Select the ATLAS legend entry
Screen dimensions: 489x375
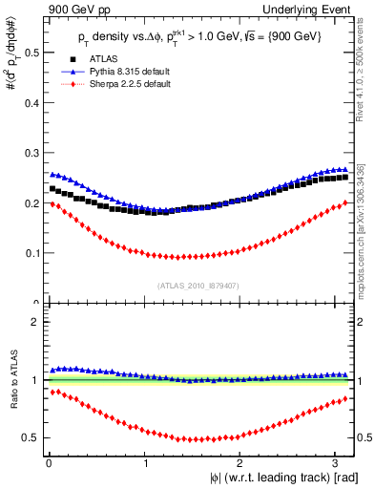click(x=102, y=58)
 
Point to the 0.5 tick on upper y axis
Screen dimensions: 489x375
click(x=31, y=53)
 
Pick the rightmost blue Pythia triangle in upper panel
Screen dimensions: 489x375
click(x=344, y=170)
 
